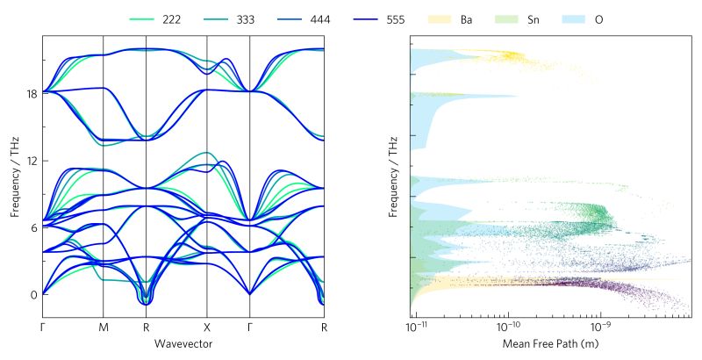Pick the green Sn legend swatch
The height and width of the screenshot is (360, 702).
[x=508, y=18]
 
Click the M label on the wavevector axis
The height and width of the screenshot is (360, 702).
[x=104, y=328]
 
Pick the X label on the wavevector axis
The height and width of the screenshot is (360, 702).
[x=207, y=328]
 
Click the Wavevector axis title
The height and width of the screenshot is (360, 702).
[x=183, y=342]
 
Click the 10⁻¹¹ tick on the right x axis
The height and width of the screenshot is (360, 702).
[x=417, y=328]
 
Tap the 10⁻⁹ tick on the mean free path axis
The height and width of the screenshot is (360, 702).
[x=600, y=328]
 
